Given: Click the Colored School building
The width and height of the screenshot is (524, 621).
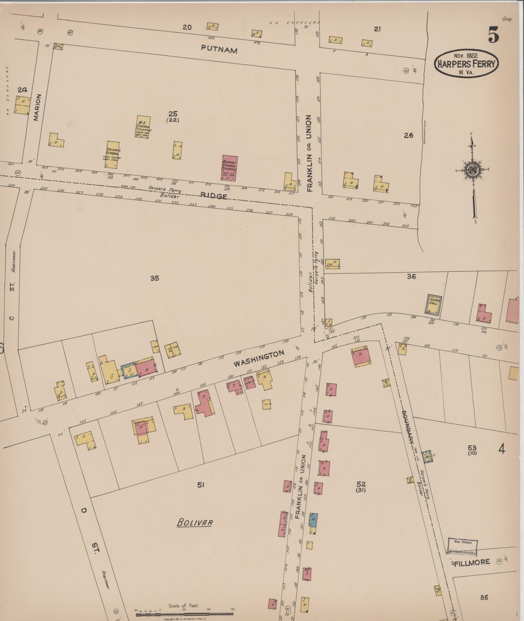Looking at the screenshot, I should (x=112, y=155).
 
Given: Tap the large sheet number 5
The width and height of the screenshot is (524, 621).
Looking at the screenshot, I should (x=493, y=35).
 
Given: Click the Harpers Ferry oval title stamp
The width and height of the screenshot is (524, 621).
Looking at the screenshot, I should (x=466, y=63).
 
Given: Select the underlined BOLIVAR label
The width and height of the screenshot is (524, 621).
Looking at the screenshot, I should (x=195, y=522).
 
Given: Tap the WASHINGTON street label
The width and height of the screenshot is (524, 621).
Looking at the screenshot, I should (x=259, y=358).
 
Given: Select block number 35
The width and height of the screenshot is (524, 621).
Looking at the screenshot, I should (x=155, y=278).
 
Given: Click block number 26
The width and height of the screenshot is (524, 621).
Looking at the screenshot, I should (x=408, y=135).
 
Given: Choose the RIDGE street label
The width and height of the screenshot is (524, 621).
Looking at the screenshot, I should (x=213, y=196).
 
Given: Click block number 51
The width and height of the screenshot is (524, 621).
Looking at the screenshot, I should (x=200, y=485).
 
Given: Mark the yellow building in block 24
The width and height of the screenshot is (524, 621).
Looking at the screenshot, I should (x=23, y=105).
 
